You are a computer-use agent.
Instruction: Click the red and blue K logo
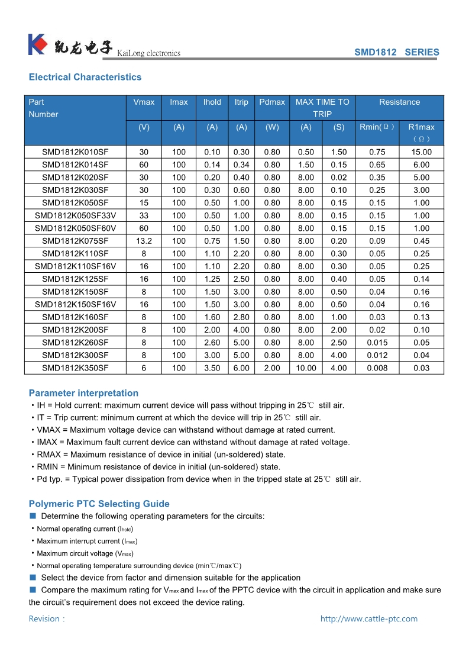pyautogui.click(x=37, y=45)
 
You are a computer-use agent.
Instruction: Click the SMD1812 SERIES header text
pyautogui.click(x=396, y=52)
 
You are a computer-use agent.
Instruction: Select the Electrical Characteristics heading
pyautogui.click(x=85, y=77)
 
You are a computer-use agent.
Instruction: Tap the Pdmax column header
pyautogui.click(x=272, y=102)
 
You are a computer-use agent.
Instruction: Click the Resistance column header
pyautogui.click(x=399, y=102)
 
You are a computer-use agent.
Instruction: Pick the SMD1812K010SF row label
pyautogui.click(x=75, y=152)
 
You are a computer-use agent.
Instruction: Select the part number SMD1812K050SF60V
pyautogui.click(x=75, y=228)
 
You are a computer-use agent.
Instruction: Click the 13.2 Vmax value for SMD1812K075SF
pyautogui.click(x=144, y=241)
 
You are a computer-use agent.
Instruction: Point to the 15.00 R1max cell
pyautogui.click(x=421, y=152)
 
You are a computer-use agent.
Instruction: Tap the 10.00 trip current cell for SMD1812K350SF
pyautogui.click(x=306, y=368)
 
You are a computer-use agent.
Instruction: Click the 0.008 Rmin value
pyautogui.click(x=377, y=368)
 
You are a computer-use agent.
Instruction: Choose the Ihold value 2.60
pyautogui.click(x=212, y=343)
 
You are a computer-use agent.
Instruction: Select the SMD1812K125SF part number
pyautogui.click(x=75, y=279)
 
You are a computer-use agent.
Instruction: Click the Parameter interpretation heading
pyautogui.click(x=83, y=393)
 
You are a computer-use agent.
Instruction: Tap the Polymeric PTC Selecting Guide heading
pyautogui.click(x=99, y=504)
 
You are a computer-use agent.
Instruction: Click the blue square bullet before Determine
pyautogui.click(x=33, y=516)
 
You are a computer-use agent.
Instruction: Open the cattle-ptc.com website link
pyautogui.click(x=368, y=619)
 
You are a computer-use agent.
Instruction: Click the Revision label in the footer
pyautogui.click(x=46, y=619)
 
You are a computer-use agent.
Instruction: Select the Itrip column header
pyautogui.click(x=241, y=102)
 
